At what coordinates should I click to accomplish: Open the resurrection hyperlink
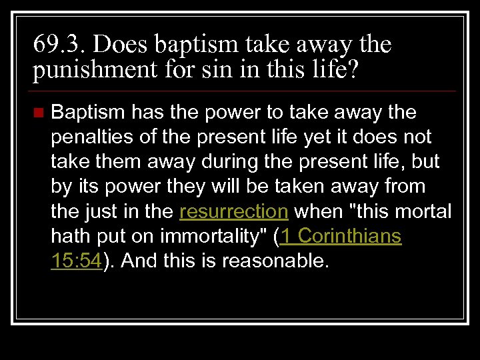coord(234,212)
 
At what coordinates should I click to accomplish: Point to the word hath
coord(70,237)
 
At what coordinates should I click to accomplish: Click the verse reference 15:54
coord(77,261)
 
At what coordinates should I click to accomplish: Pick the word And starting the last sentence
coord(139,261)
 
